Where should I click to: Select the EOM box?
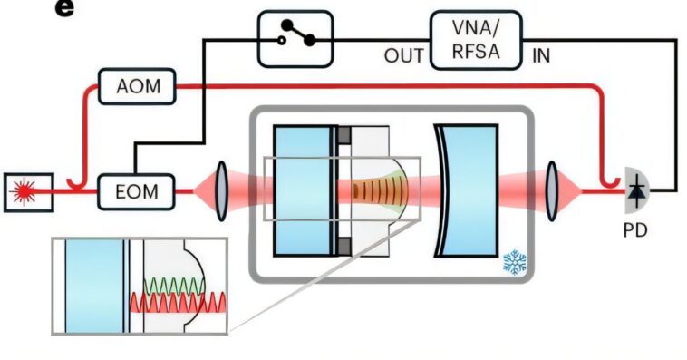click(137, 191)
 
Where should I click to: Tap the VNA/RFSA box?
click(478, 41)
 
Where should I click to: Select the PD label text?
click(635, 229)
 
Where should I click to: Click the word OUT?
click(402, 55)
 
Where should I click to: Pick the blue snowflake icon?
click(515, 263)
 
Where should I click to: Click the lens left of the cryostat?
click(222, 191)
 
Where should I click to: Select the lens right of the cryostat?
click(552, 191)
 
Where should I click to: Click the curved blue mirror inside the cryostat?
click(463, 190)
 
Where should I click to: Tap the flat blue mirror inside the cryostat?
click(303, 190)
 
